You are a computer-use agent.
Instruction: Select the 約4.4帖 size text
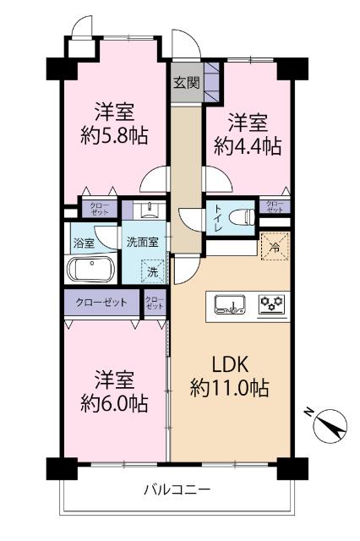(247, 145)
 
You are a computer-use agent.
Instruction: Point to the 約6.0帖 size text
(116, 403)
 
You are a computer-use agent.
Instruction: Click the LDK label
(229, 364)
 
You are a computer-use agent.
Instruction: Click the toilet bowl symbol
(242, 216)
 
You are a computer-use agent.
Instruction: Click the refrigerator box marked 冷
(274, 248)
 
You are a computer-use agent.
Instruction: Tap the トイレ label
(218, 216)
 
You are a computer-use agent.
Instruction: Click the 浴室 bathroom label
(83, 241)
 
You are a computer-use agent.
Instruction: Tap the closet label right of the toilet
(275, 205)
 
